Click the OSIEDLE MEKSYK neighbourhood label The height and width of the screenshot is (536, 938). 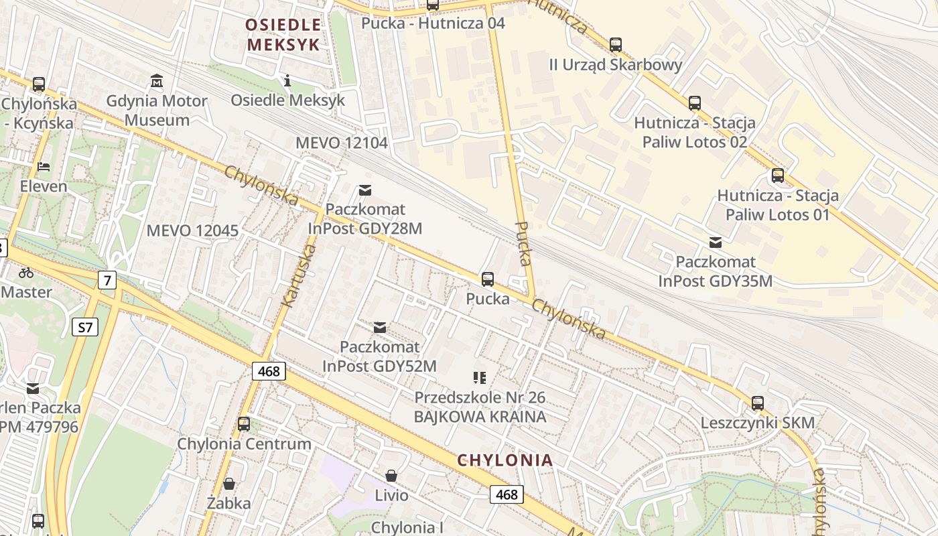tap(283, 35)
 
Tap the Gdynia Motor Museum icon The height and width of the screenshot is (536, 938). tap(157, 81)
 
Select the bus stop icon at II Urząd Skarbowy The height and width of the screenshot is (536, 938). tap(615, 46)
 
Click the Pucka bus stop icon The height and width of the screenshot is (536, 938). tap(488, 279)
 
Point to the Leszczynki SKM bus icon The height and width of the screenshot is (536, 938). tap(758, 403)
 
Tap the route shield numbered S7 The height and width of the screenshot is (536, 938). tap(85, 327)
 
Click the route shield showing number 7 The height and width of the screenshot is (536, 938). tap(107, 279)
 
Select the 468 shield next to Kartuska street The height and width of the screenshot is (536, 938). tap(269, 371)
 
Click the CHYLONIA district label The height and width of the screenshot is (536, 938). tap(505, 460)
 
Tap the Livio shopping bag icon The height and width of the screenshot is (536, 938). tap(391, 476)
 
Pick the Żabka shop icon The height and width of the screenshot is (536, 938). tap(229, 484)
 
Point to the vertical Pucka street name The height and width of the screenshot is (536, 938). tap(524, 243)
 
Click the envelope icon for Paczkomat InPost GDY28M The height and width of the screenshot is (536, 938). tap(365, 190)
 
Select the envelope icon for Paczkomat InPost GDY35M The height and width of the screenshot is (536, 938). tap(716, 243)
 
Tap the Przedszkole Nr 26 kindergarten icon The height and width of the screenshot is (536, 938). tap(480, 378)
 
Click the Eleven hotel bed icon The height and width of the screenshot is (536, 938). tap(44, 166)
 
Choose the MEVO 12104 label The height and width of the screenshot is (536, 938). tap(342, 143)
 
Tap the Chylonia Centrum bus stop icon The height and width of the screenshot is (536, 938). tap(244, 424)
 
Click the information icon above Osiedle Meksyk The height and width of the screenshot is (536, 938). tap(287, 80)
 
